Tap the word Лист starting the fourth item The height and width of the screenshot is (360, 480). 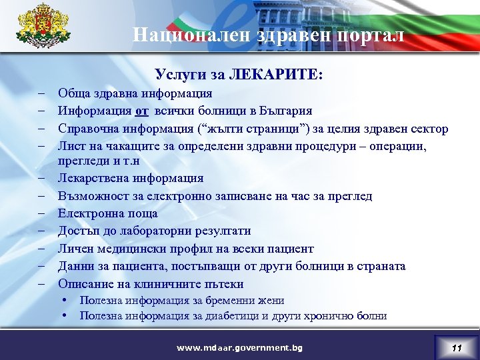[70, 146]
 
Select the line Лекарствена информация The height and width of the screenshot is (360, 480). [131, 179]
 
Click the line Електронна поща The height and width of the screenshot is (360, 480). [108, 214]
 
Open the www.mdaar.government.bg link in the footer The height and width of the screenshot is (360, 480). [239, 347]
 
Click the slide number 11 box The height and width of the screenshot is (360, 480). [456, 347]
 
